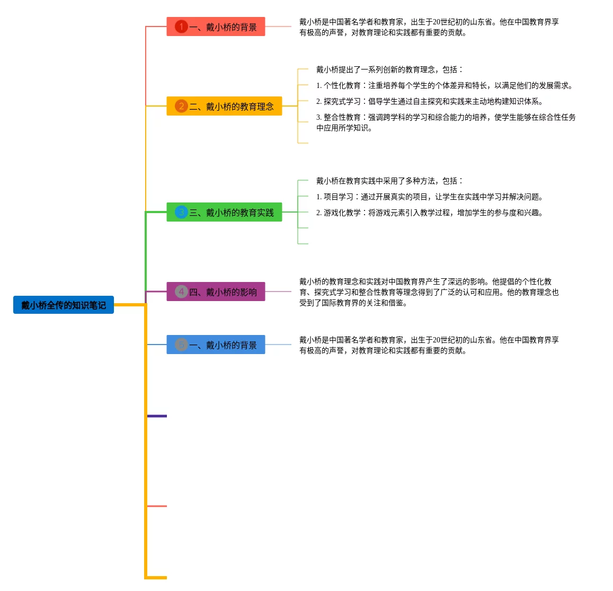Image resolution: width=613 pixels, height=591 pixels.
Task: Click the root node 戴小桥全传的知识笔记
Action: (64, 305)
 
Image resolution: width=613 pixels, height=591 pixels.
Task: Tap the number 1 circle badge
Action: (181, 27)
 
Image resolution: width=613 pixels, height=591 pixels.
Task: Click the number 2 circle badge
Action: (181, 106)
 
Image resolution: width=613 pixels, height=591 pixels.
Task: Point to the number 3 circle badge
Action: (181, 212)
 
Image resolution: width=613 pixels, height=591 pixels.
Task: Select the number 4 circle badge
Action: (181, 292)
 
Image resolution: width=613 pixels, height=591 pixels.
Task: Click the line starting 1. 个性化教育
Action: (444, 85)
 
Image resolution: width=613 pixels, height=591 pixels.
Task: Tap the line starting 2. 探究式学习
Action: (429, 101)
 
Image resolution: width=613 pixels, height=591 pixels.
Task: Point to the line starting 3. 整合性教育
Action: (446, 122)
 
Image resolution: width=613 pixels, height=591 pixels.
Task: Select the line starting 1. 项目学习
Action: (429, 197)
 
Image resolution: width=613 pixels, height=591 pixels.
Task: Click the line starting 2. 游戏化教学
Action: (429, 213)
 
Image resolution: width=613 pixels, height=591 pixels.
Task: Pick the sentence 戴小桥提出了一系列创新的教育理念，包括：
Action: (389, 69)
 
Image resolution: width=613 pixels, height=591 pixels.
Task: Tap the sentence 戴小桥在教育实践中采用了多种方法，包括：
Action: (389, 181)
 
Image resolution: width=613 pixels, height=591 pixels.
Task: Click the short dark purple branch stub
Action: (157, 416)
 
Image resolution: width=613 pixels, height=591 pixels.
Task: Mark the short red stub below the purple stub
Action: (157, 506)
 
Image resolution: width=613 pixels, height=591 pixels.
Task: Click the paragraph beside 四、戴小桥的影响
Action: (428, 292)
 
